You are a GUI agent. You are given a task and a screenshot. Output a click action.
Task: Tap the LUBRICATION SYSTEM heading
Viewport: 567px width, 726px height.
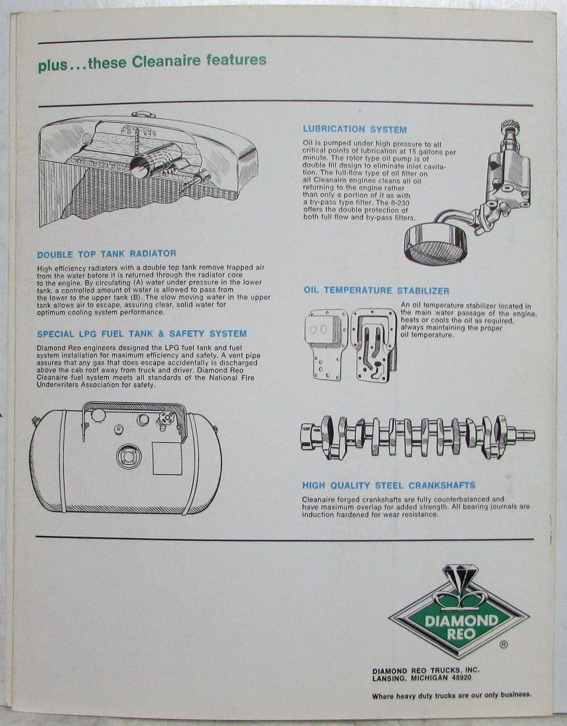(x=355, y=130)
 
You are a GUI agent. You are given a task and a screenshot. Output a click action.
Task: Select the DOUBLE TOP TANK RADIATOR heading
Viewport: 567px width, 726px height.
(x=107, y=254)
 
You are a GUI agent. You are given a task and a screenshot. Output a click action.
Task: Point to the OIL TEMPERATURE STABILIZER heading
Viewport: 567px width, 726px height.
(x=376, y=291)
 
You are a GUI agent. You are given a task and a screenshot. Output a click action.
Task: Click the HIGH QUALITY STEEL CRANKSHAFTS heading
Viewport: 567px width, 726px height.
(x=389, y=485)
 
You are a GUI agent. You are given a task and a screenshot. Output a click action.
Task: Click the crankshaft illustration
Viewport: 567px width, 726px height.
(x=417, y=436)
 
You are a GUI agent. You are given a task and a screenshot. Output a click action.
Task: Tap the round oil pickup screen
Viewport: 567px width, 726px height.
(x=436, y=244)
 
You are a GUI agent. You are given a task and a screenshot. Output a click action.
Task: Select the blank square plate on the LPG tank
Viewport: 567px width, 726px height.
(x=167, y=458)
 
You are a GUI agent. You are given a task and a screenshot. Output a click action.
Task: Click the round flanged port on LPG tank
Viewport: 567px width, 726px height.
(x=129, y=457)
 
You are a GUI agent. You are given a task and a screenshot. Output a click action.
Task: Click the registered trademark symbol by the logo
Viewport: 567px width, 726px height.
(x=504, y=644)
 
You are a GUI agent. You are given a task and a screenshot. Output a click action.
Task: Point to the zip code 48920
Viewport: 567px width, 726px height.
(x=460, y=678)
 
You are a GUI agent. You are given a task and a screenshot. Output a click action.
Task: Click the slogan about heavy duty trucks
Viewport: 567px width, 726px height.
(x=452, y=695)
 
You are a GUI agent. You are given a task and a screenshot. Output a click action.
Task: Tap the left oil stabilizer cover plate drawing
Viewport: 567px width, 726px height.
(x=325, y=345)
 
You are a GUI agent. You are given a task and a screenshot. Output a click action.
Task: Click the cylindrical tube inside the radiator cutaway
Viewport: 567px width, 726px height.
(x=152, y=160)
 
